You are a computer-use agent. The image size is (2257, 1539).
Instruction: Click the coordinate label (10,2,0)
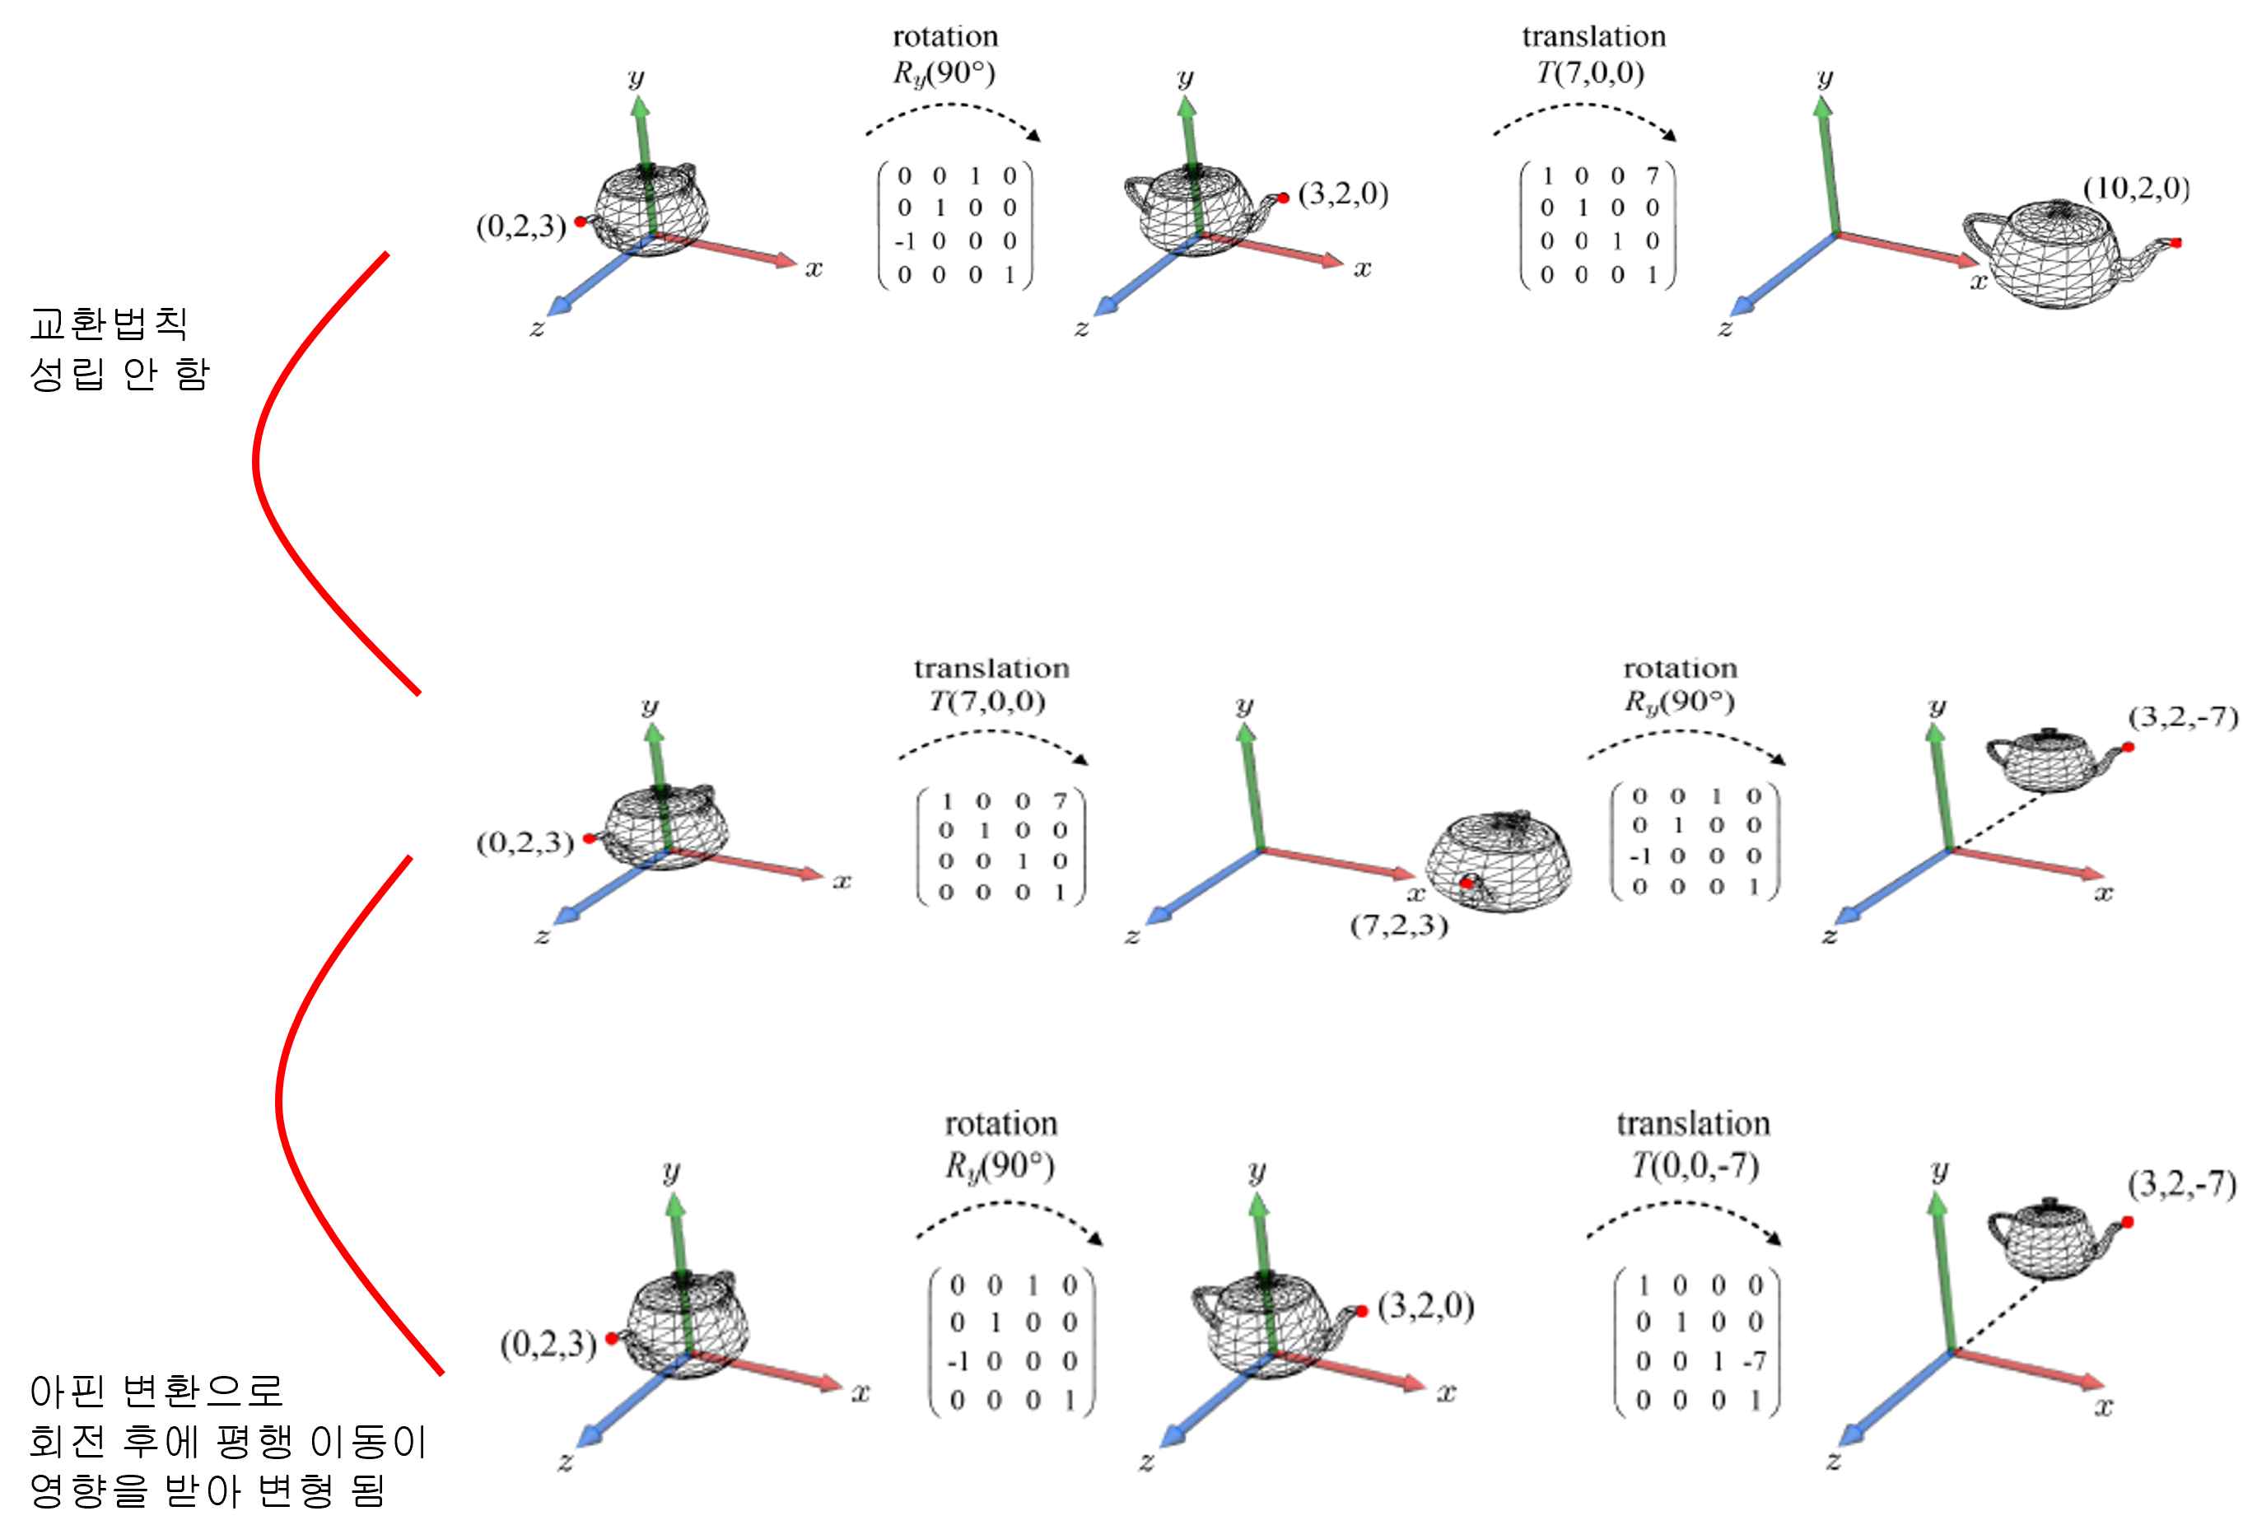pos(2136,189)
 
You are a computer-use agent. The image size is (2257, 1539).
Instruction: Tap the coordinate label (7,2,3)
pos(1398,925)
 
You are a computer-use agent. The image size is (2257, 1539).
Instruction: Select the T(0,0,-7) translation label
pos(1694,1164)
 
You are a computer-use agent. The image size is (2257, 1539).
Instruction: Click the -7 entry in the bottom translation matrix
pos(1753,1361)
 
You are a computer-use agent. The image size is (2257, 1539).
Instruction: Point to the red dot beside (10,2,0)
pos(2175,243)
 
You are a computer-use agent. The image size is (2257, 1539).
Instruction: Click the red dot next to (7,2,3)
pos(1467,884)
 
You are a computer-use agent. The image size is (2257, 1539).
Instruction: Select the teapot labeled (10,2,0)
pos(2059,253)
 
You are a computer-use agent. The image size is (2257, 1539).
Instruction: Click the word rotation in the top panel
pos(945,37)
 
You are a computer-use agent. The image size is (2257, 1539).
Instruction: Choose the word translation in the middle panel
pos(991,668)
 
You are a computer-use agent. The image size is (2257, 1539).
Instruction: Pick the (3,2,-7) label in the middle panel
pos(2183,717)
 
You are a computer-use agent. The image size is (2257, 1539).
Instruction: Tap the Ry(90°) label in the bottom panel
pos(1000,1165)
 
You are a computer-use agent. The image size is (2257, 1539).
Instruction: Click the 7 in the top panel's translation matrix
pos(1652,175)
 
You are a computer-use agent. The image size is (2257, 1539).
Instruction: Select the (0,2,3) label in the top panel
pos(520,226)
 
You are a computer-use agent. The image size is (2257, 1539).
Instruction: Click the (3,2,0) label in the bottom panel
pos(1425,1306)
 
